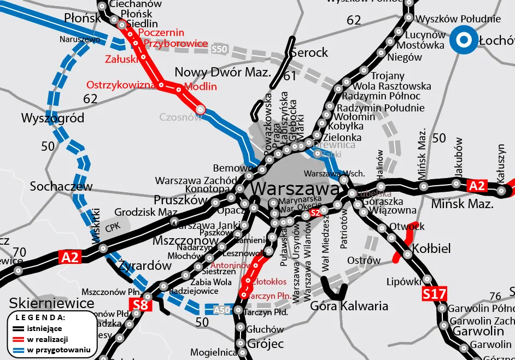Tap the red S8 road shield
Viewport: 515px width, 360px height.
pos(141,304)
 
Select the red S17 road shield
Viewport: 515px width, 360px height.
pos(435,294)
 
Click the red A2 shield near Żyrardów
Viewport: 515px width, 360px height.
pos(70,257)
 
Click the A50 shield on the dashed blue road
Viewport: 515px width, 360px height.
pos(221,311)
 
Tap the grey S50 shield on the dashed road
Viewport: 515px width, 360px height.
pos(219,49)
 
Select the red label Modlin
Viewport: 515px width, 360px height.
pos(201,86)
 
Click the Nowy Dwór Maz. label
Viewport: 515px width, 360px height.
pos(223,73)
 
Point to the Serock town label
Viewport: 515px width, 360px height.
pos(309,53)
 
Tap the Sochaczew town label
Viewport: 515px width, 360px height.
pos(61,186)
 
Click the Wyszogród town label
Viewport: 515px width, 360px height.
pos(52,118)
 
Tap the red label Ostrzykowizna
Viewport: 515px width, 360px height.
pos(121,85)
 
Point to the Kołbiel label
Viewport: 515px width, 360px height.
pos(432,249)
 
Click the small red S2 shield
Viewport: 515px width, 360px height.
pos(314,213)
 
